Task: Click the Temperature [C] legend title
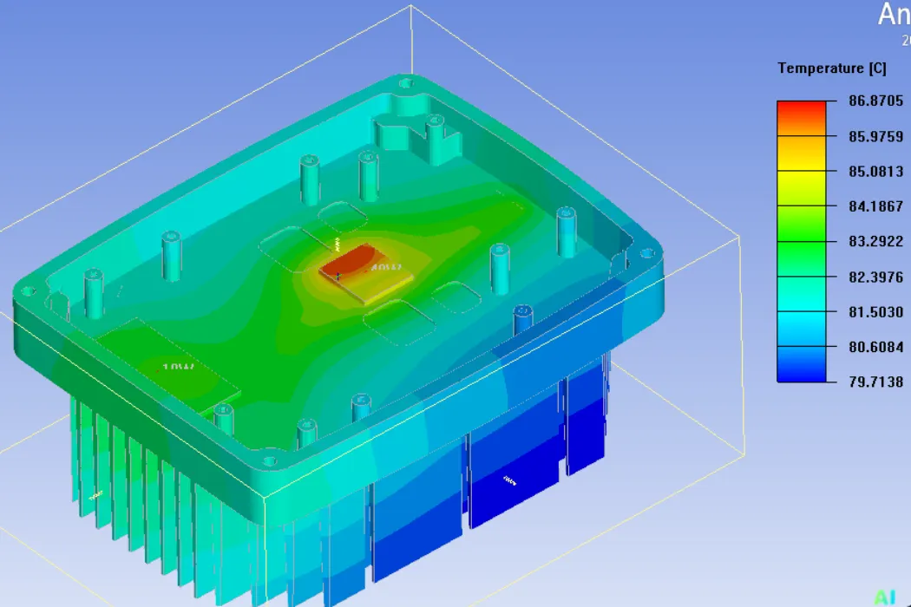831,69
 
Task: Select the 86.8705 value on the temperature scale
875,101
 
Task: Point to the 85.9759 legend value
875,136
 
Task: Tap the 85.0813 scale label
875,172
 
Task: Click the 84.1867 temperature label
875,206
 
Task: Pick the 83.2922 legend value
875,241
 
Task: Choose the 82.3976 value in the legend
875,277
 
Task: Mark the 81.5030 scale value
875,311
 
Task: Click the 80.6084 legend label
875,347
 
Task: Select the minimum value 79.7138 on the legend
875,382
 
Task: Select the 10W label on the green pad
178,368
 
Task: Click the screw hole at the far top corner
405,84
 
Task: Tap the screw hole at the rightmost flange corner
646,254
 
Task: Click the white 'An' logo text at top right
894,15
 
